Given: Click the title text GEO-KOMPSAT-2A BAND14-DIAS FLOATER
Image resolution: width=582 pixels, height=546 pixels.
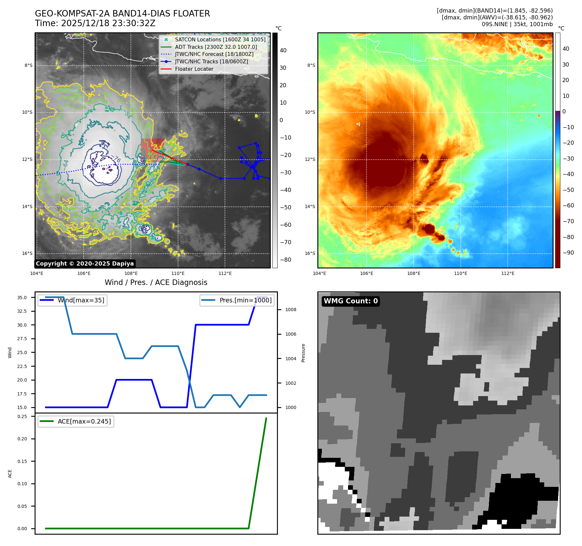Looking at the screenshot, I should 122,14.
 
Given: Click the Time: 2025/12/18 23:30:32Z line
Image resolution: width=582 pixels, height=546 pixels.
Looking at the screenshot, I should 95,23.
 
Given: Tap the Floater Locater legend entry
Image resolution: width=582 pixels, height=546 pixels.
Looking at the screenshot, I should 194,69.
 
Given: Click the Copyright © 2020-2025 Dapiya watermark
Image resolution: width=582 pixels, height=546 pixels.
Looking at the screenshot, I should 85,264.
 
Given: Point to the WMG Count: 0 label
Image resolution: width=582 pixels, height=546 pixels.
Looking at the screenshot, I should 351,301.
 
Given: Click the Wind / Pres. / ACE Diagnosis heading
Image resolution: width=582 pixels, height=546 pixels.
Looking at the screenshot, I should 156,282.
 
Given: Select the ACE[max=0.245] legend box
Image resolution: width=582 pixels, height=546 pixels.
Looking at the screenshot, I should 76,421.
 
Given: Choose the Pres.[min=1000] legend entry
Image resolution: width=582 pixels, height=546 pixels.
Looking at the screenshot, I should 237,300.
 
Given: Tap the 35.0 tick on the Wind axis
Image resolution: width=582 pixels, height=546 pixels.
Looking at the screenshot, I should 22,298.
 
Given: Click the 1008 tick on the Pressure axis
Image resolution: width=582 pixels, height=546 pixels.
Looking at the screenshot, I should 291,310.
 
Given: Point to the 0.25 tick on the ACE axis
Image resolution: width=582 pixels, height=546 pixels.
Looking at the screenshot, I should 22,416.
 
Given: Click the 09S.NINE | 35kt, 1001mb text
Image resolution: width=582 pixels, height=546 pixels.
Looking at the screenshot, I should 517,24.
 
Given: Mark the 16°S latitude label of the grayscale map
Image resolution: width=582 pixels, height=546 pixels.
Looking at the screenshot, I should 27,253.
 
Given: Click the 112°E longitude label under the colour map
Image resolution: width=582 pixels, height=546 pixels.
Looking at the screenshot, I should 508,273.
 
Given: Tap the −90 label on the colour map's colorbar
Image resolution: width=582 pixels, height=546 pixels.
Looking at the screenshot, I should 568,253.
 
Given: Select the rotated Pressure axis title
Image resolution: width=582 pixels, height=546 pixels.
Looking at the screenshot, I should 303,353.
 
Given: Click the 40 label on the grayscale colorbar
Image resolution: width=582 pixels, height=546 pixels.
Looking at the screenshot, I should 283,50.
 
